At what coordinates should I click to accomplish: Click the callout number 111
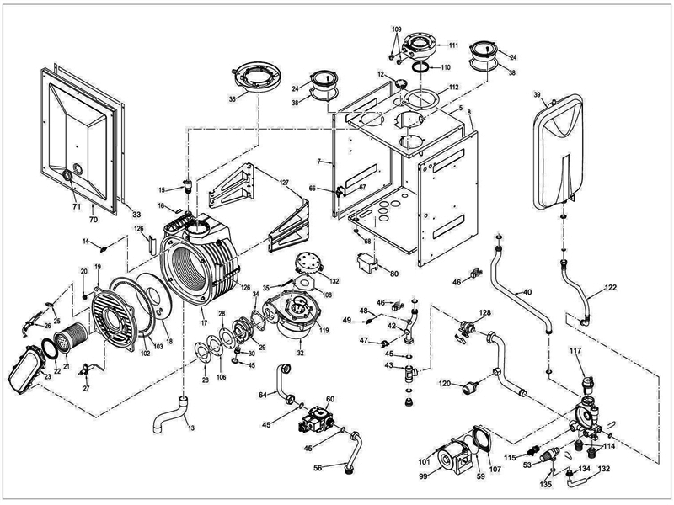(452, 45)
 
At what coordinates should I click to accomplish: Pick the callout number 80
(393, 272)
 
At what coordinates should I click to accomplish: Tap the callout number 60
(330, 398)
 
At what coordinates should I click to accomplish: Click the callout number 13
(191, 429)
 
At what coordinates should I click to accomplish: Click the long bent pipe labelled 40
(520, 291)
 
